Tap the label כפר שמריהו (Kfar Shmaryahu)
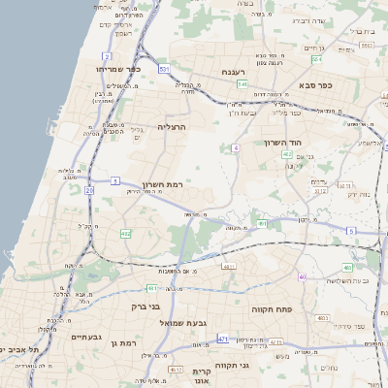(x=119, y=70)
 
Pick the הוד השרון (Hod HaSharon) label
(x=283, y=143)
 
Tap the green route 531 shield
(x=165, y=69)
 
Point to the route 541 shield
(x=242, y=84)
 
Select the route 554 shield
(x=316, y=60)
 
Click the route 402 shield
(x=286, y=155)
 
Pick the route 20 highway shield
(x=89, y=190)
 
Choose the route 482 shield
(x=125, y=234)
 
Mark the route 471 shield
(x=223, y=339)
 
